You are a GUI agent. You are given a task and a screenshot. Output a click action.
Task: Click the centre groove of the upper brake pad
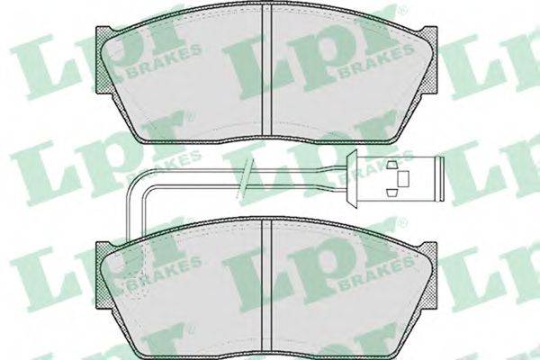tap(267, 70)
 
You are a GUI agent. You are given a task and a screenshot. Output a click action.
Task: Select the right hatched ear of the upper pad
tap(430, 59)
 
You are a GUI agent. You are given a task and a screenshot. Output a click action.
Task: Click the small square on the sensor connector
tap(403, 179)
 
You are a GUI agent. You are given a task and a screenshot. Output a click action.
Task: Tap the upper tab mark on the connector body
tap(391, 165)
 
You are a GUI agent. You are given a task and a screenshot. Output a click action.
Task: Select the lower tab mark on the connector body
tap(391, 193)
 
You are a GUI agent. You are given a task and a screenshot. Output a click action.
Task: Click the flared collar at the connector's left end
tap(352, 179)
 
